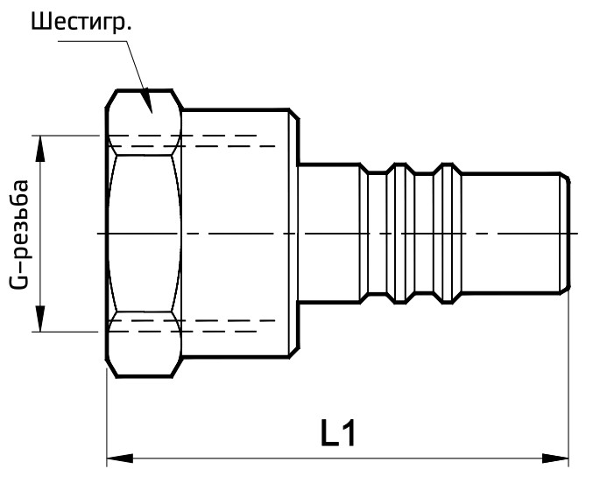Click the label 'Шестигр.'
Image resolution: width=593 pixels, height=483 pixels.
pos(81,23)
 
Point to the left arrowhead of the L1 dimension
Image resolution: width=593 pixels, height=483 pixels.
pos(116,457)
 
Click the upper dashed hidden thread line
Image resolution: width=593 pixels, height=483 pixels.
pos(201,141)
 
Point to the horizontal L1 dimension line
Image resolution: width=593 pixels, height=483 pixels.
pos(263,457)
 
